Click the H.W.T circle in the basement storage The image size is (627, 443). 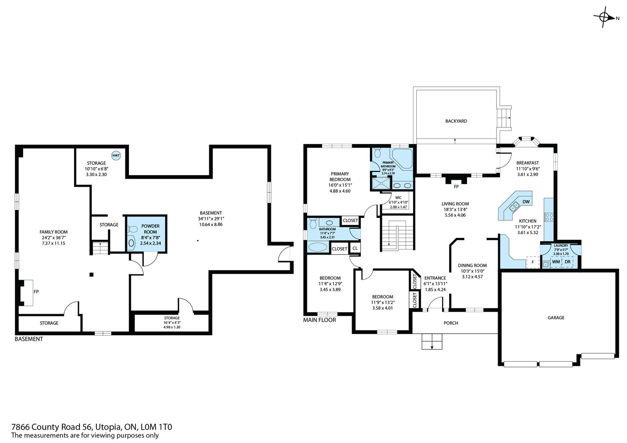tap(116, 156)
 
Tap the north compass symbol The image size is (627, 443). tap(605, 18)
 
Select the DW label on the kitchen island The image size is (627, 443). tap(526, 202)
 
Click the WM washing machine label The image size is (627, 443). tap(556, 262)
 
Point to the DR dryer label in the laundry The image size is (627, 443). tap(567, 262)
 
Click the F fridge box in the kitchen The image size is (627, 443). tap(533, 262)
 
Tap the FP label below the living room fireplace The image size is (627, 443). tap(456, 187)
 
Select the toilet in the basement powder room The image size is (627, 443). tap(133, 230)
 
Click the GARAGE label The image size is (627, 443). tap(556, 318)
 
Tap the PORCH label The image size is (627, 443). tap(451, 323)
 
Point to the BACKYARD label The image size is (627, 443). tap(456, 121)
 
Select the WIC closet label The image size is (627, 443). tap(398, 197)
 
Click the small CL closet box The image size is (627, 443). tap(355, 248)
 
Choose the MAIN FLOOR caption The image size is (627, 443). tap(319, 320)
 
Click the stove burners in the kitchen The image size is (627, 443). tap(549, 217)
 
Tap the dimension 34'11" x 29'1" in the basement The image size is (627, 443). tap(211, 219)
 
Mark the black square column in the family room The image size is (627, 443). tap(91, 275)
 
